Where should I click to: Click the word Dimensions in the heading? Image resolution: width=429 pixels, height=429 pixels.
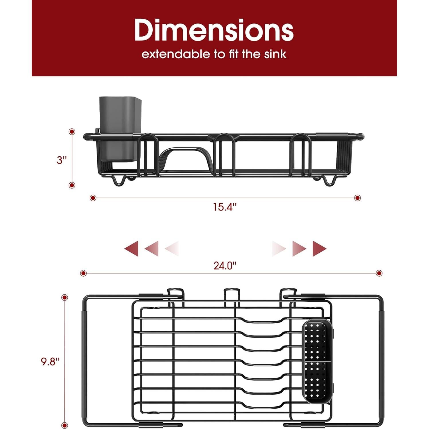click(214, 30)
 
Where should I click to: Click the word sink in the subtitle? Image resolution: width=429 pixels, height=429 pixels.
click(275, 54)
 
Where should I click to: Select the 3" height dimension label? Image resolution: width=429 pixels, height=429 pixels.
click(62, 160)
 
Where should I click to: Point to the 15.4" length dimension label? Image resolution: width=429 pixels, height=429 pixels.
click(225, 207)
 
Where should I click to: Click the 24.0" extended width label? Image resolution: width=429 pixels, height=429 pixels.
click(225, 265)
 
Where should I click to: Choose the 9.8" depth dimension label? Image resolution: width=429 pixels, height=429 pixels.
click(50, 361)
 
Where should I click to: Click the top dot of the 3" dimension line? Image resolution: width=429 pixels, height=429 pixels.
click(72, 132)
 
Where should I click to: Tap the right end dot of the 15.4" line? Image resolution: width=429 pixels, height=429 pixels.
click(357, 198)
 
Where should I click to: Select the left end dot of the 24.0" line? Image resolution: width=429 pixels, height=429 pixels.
click(83, 273)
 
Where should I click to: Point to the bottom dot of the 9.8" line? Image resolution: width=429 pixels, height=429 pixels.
click(65, 426)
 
